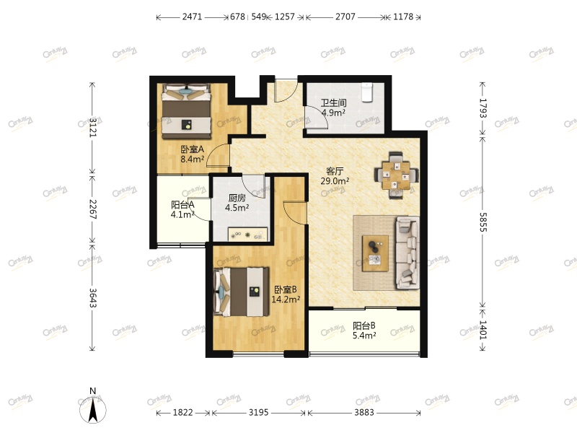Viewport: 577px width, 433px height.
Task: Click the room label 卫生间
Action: (x=333, y=103)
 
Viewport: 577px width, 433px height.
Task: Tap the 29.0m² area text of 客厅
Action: (x=335, y=181)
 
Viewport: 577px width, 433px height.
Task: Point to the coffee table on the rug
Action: (x=375, y=253)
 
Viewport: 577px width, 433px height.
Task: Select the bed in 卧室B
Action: (x=242, y=291)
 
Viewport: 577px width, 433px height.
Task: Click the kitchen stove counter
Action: (x=247, y=234)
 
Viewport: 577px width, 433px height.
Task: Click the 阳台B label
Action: (x=364, y=325)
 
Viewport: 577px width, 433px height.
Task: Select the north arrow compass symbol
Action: (x=93, y=408)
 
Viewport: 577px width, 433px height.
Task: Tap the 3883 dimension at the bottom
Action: (x=364, y=412)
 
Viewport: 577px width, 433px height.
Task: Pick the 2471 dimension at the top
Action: (x=193, y=17)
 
